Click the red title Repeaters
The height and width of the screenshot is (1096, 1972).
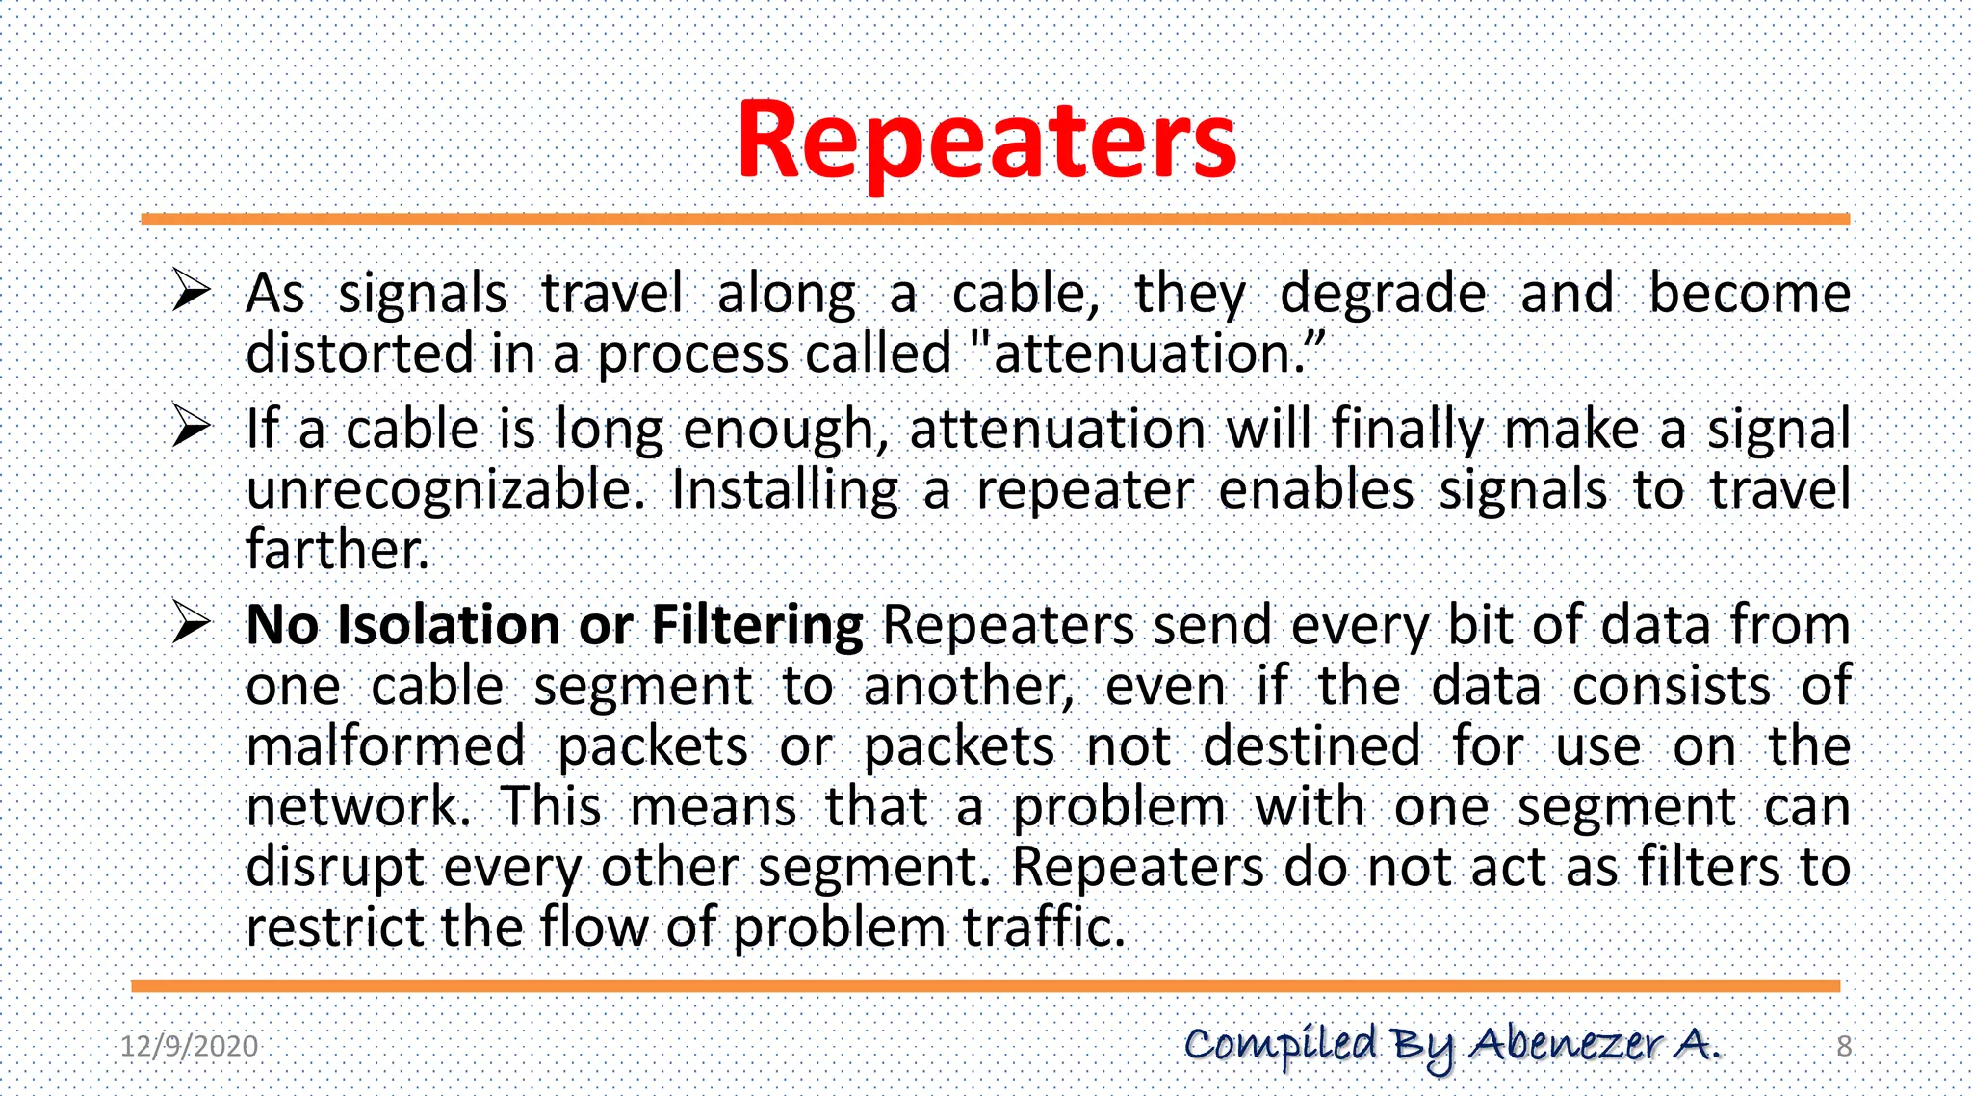click(x=986, y=142)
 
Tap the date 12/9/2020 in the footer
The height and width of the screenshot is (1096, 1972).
click(x=189, y=1046)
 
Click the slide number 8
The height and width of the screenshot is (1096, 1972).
click(x=1843, y=1046)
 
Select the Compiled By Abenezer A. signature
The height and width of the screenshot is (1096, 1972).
click(x=1452, y=1045)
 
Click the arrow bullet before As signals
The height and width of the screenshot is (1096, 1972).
click(x=191, y=291)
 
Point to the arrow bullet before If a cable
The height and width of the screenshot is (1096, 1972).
click(x=191, y=428)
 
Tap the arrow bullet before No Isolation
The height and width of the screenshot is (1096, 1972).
click(x=191, y=624)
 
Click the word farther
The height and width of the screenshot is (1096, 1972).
click(x=336, y=550)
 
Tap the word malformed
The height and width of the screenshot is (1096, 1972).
click(x=385, y=746)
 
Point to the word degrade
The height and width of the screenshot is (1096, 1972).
click(x=1383, y=295)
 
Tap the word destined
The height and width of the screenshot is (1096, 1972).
click(x=1310, y=746)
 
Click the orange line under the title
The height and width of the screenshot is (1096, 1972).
click(x=995, y=220)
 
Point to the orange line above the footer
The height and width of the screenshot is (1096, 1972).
click(x=985, y=986)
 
